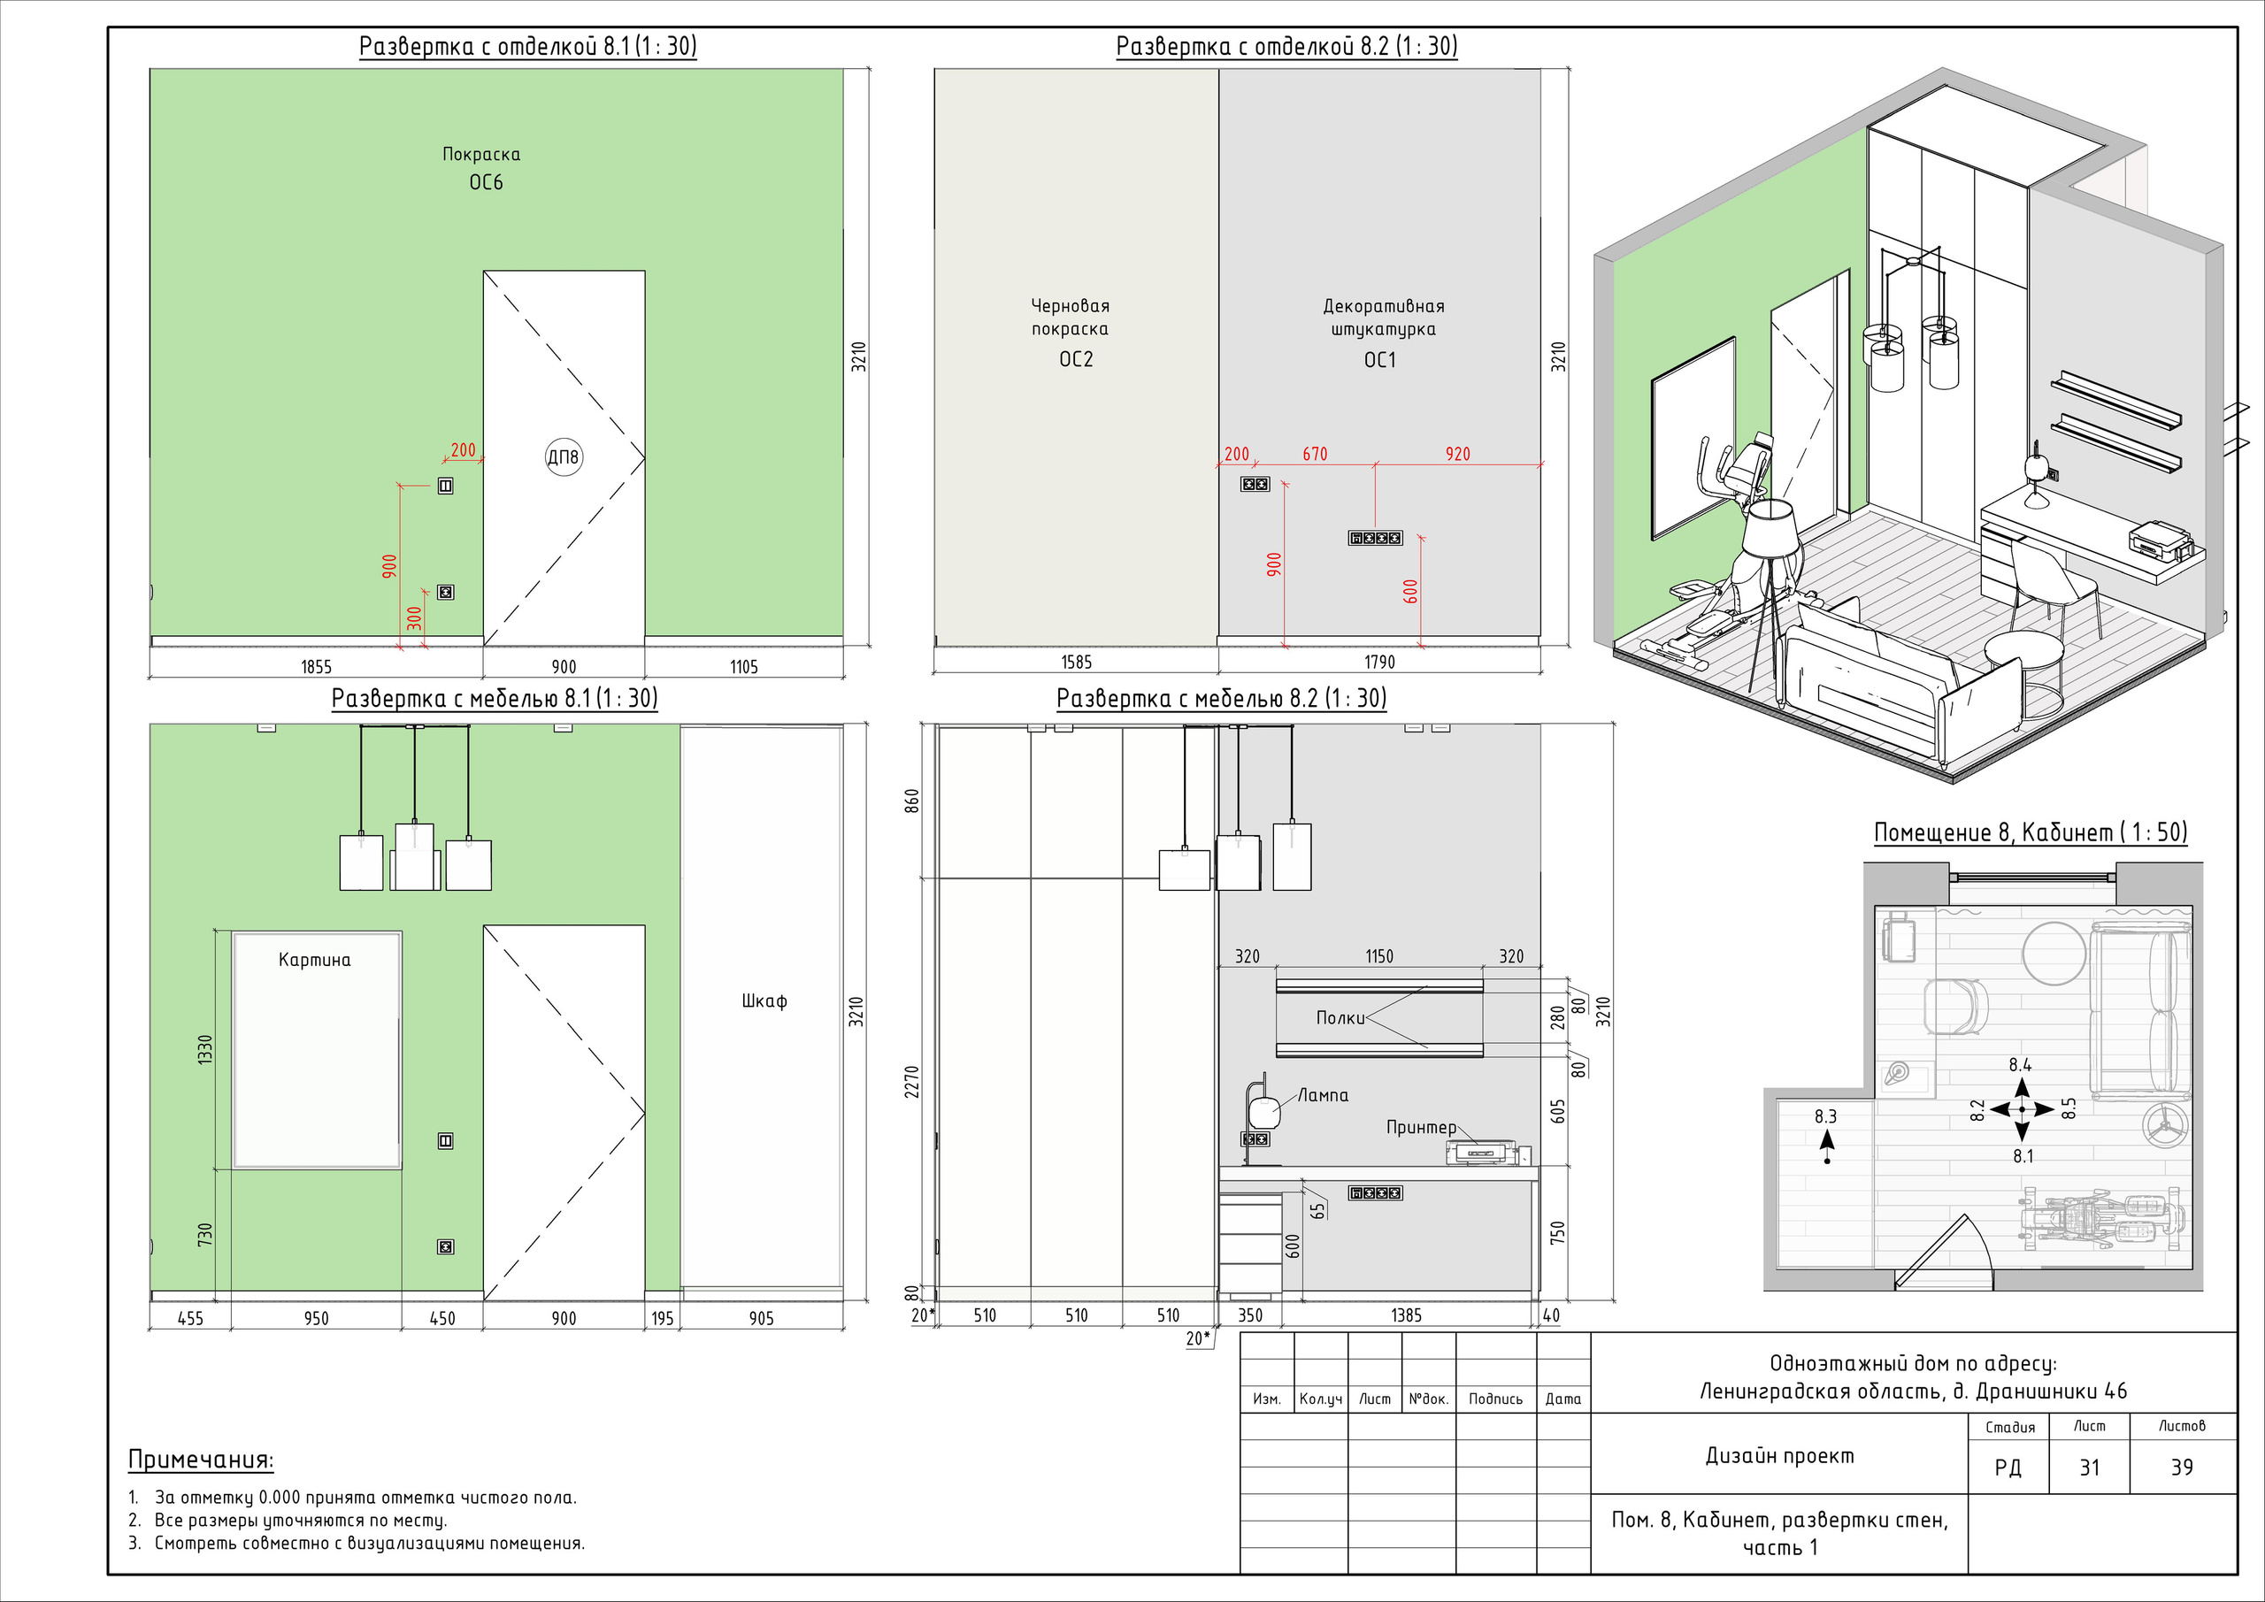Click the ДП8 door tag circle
564,456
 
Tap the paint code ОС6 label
486,182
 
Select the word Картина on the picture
315,960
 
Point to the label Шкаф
764,1000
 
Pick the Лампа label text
1323,1095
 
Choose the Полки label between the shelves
1340,1017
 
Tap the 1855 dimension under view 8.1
316,667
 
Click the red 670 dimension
1315,454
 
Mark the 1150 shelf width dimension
1379,956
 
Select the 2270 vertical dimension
912,1081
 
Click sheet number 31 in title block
2090,1468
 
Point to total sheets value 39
2182,1468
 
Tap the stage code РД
2008,1468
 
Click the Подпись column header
1495,1399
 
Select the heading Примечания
201,1460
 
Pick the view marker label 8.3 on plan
1825,1116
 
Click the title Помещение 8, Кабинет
1992,832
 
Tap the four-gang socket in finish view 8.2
1375,538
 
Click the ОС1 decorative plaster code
1380,360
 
